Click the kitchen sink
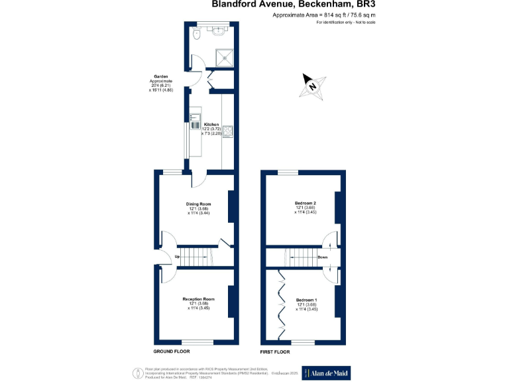point(196,121)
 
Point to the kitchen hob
point(227,131)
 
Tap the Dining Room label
point(198,204)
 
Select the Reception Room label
point(198,299)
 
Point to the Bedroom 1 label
point(306,300)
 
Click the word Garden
point(160,76)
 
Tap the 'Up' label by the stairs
point(178,257)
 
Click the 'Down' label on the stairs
point(322,257)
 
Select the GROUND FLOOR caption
point(172,350)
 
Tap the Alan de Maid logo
point(326,373)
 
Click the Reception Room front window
point(198,342)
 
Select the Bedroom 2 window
point(288,172)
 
